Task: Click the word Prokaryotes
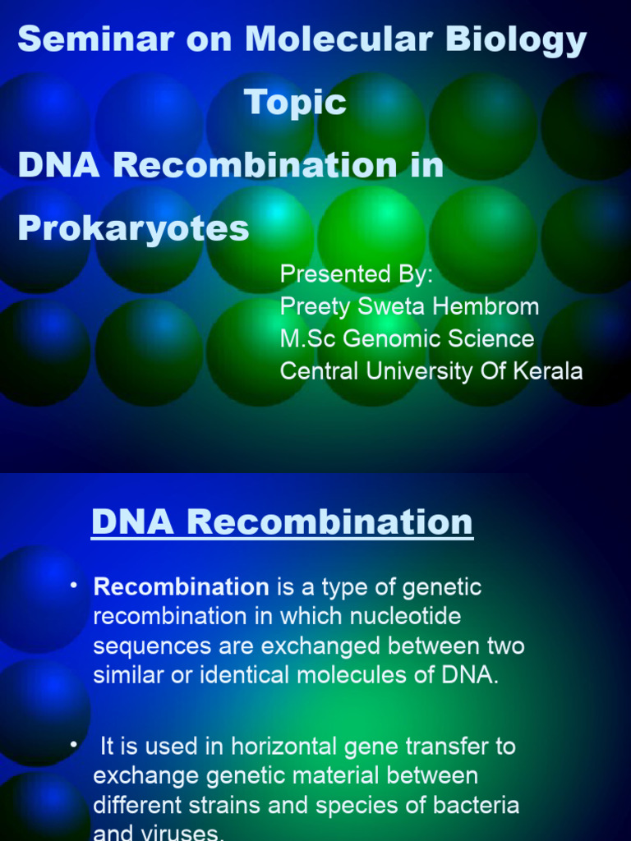click(133, 228)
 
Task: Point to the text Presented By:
click(356, 274)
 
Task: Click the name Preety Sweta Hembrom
click(409, 306)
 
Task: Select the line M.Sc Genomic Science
click(407, 338)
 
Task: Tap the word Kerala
click(548, 371)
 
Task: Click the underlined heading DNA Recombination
click(282, 522)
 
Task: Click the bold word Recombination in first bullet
click(181, 587)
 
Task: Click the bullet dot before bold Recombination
click(73, 585)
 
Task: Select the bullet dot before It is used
click(73, 744)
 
